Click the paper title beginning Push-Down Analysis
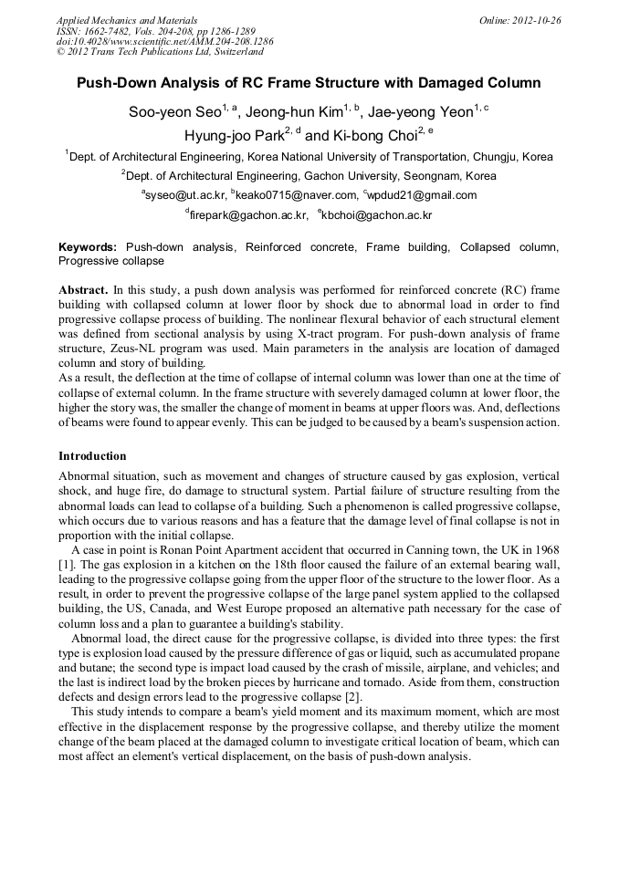(309, 83)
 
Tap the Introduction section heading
(92, 456)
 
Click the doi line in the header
(164, 42)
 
